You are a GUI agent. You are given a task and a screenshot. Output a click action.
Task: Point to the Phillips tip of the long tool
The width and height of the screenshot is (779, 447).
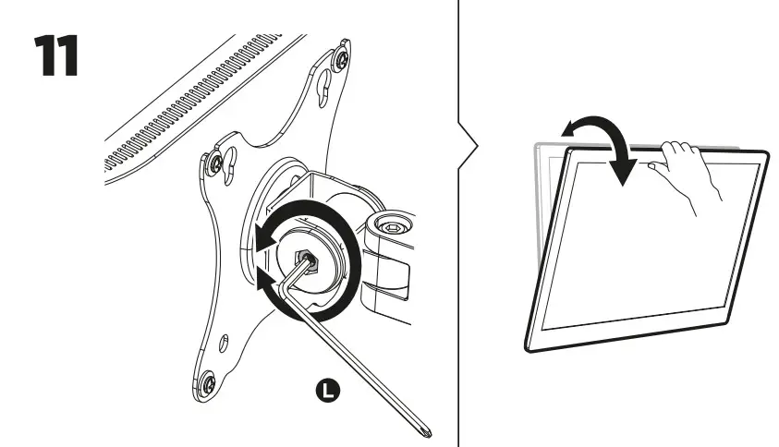tap(427, 428)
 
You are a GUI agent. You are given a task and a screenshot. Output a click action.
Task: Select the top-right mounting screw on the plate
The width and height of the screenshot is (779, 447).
tap(344, 60)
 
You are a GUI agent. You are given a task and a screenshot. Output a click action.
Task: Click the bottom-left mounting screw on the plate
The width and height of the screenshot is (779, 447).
tap(208, 381)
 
